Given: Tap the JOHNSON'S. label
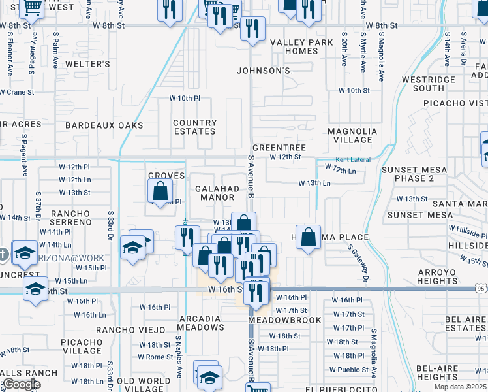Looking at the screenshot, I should (265, 70).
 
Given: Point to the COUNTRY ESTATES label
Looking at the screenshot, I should (195, 127).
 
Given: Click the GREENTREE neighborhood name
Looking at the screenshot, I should (279, 148).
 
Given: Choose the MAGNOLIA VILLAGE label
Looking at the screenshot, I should (352, 135).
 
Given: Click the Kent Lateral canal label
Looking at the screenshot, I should (353, 160).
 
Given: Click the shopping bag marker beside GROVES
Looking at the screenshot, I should (160, 192).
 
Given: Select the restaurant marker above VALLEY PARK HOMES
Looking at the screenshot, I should (252, 29).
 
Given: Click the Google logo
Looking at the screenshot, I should (22, 384).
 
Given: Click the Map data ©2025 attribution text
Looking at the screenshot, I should (461, 387).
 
